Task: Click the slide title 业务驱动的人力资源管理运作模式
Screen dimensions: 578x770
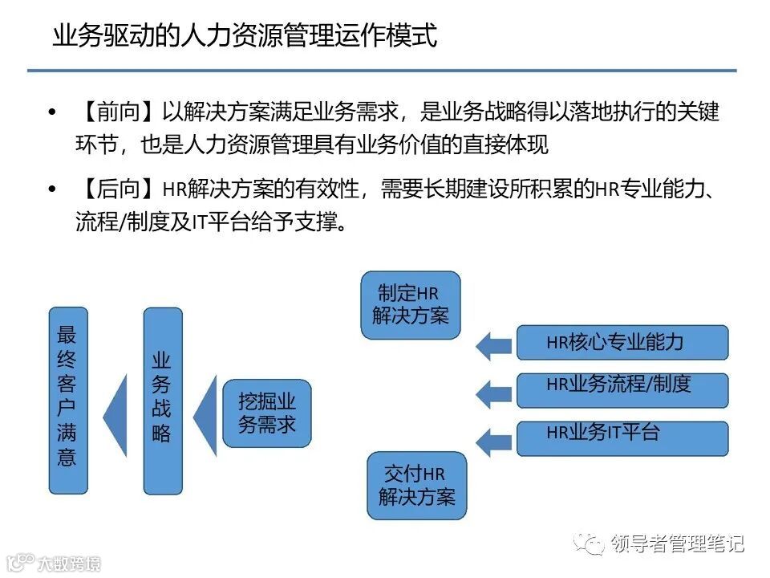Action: click(x=244, y=36)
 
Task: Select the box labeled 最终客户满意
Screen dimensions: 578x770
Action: click(x=67, y=399)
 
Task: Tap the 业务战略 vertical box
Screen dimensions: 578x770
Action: click(x=162, y=399)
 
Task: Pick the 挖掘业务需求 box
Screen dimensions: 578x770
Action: click(x=267, y=412)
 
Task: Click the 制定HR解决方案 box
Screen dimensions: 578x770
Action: click(x=410, y=304)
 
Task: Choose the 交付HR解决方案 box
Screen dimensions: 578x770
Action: click(x=416, y=486)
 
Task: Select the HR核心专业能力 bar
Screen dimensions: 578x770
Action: click(x=622, y=342)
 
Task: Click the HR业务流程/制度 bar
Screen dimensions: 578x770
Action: click(x=622, y=390)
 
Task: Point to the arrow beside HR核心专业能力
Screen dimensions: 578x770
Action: click(x=492, y=345)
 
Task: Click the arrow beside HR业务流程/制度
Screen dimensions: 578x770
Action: click(x=492, y=393)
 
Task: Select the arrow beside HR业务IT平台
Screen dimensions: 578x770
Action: click(x=492, y=441)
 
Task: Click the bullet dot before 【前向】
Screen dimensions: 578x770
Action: click(x=53, y=112)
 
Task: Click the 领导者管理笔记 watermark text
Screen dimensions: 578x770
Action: click(x=676, y=543)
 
